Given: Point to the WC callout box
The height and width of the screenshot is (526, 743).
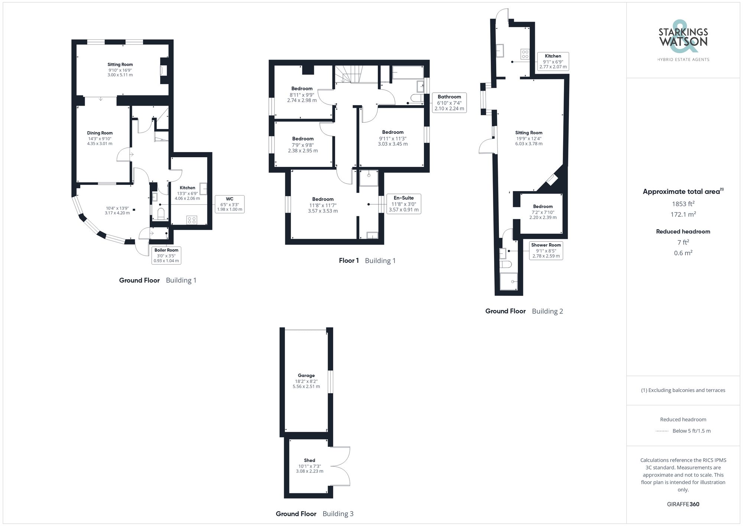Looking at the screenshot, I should [230, 204].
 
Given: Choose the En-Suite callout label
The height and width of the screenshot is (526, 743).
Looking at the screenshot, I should [403, 204].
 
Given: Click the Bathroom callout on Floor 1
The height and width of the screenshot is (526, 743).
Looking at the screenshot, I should [449, 103].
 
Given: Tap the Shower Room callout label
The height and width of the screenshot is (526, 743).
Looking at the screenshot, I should [546, 250].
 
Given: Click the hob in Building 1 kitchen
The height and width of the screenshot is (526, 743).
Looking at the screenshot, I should [192, 220].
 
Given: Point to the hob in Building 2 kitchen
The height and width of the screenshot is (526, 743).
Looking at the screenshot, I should [525, 54].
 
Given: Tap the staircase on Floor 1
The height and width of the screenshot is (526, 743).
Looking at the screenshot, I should [348, 74].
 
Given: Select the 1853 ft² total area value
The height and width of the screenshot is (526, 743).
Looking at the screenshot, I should [683, 204].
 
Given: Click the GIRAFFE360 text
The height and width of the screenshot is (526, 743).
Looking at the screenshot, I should [683, 504].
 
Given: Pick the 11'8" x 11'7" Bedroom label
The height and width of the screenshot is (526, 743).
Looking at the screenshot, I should [323, 205].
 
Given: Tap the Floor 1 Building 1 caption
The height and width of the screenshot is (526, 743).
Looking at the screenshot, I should [367, 261].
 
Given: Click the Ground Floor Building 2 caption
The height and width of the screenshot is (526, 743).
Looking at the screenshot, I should [524, 311].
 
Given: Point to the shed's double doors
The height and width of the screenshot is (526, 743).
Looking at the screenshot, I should [340, 466].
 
